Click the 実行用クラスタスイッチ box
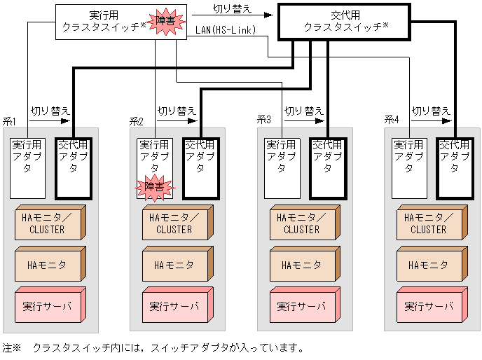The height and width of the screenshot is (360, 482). point(98,21)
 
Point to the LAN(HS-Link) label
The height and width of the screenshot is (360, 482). point(225,29)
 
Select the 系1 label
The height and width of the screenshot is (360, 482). point(10,121)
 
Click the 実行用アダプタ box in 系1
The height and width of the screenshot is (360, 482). point(27,167)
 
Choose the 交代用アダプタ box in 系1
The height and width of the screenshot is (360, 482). point(74,167)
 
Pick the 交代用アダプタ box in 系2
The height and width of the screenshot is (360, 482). point(200,167)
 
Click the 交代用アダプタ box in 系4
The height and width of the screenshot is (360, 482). point(455,167)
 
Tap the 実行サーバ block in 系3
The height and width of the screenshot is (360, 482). point(301,307)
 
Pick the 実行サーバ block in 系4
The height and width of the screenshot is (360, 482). point(428,307)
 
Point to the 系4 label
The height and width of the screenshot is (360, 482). point(391,121)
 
